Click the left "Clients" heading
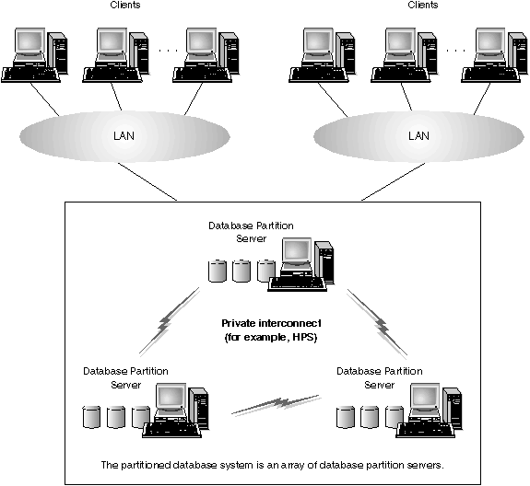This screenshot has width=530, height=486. pyautogui.click(x=125, y=5)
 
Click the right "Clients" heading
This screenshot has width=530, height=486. pyautogui.click(x=423, y=5)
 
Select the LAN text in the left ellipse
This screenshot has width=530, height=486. pyautogui.click(x=124, y=136)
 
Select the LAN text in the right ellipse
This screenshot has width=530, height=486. pyautogui.click(x=418, y=136)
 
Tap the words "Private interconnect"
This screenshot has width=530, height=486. pyautogui.click(x=271, y=323)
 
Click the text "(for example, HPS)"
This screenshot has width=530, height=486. pyautogui.click(x=271, y=337)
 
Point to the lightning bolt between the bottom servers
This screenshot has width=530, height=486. pyautogui.click(x=277, y=404)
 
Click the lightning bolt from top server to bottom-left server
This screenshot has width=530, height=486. pyautogui.click(x=169, y=320)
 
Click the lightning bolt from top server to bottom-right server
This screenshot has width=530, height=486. pyautogui.click(x=377, y=323)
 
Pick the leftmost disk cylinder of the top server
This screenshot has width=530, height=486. pyautogui.click(x=217, y=271)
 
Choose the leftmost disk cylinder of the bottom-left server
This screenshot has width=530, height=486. pyautogui.click(x=91, y=417)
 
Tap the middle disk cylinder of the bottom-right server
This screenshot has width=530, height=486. pyautogui.click(x=370, y=417)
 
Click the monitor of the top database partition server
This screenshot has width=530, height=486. pyautogui.click(x=297, y=252)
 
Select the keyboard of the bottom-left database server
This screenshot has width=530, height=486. pyautogui.click(x=171, y=430)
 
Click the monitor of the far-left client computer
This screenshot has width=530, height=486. pyautogui.click(x=30, y=43)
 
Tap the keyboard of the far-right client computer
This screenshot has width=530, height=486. pyautogui.click(x=490, y=75)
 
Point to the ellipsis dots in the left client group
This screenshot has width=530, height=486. pyautogui.click(x=168, y=51)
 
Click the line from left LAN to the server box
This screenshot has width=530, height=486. pyautogui.click(x=147, y=181)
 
